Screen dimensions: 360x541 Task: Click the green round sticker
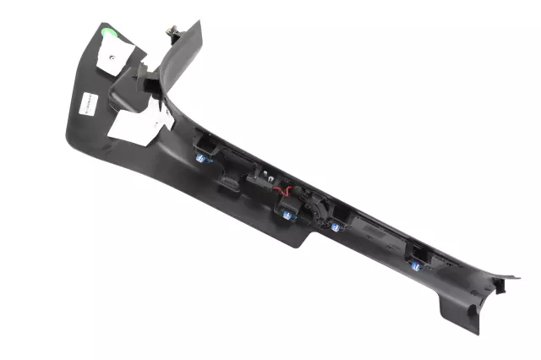tap(107, 35)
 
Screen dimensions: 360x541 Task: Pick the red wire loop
tap(286, 193)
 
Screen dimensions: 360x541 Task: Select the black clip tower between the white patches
tap(145, 85)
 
